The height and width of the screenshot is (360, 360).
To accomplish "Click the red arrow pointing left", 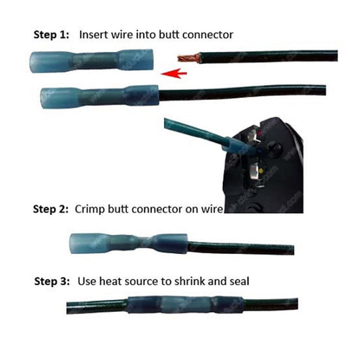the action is point(174,73).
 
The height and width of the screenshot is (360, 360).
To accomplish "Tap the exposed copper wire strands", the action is point(188,57).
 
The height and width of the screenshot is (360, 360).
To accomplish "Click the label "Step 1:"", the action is point(51,34).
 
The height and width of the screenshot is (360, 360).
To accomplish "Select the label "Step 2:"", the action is point(51,209).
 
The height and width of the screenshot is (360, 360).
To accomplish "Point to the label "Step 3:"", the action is point(52,281).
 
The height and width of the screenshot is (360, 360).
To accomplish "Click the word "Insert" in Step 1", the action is point(93,34).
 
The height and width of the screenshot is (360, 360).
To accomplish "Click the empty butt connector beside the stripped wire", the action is point(92,61).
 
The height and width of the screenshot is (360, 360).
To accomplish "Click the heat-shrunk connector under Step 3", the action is point(185,305).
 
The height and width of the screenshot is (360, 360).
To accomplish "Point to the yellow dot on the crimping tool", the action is point(261,171).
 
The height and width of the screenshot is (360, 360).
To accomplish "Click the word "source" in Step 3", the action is point(144,282).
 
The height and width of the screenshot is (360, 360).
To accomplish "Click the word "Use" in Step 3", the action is point(86,281).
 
